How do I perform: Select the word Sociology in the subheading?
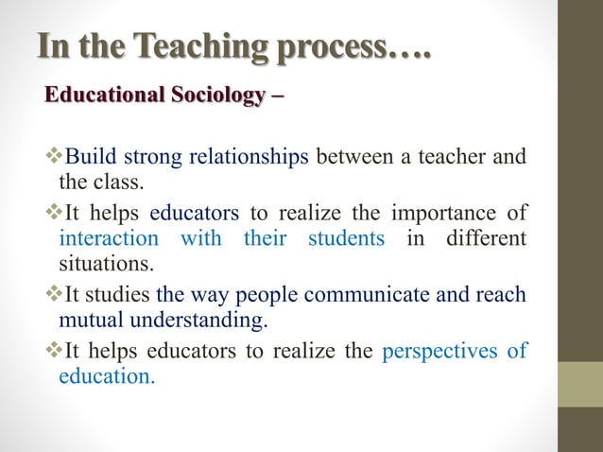[216, 96]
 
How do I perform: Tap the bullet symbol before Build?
[53, 156]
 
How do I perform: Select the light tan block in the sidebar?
[581, 384]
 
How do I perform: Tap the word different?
[481, 238]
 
